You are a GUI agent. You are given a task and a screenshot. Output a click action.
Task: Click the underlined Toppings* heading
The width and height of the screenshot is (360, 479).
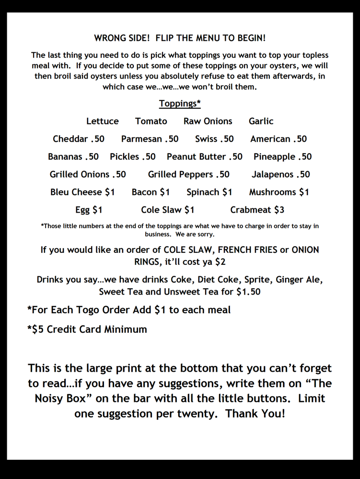[180, 103]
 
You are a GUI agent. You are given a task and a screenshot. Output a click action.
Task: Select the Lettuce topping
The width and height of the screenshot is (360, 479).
[103, 121]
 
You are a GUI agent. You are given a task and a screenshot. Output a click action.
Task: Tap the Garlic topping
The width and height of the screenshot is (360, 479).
[261, 121]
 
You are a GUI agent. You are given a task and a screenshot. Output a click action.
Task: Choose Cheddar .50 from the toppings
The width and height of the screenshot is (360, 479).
[79, 139]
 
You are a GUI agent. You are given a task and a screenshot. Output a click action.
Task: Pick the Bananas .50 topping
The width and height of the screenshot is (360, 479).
[73, 157]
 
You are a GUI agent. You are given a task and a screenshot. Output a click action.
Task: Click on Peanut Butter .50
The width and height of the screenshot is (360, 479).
[205, 157]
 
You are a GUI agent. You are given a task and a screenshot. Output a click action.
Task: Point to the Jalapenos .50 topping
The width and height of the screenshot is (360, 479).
[281, 174]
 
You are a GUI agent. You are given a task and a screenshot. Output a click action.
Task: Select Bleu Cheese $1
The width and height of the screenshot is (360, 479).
[82, 192]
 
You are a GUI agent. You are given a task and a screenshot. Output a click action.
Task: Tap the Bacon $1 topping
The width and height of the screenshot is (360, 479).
[151, 192]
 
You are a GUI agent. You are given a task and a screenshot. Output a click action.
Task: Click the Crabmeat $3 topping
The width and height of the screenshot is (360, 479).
[257, 210]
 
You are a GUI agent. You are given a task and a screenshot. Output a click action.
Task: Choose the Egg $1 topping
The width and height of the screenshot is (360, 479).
[89, 210]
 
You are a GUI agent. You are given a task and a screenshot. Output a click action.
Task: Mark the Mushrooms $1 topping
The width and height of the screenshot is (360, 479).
[279, 192]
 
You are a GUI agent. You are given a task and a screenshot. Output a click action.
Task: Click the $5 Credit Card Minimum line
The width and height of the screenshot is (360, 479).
[87, 330]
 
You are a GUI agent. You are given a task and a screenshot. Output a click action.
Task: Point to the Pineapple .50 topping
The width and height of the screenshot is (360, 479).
[283, 157]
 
